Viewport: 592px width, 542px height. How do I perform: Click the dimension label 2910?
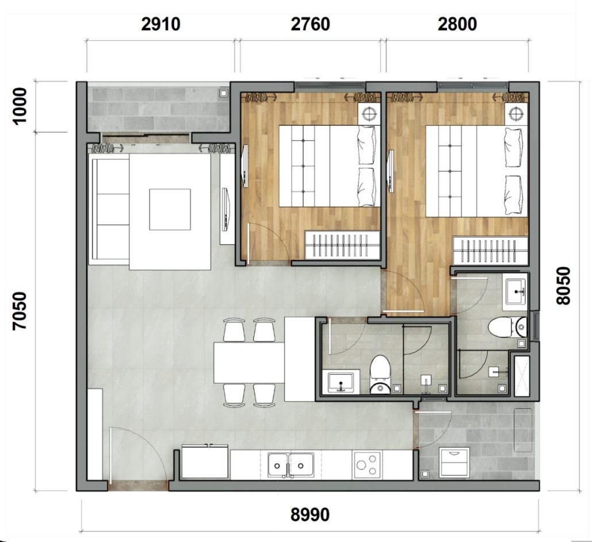coord(160,25)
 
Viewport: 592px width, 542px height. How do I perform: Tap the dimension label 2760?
coord(310,25)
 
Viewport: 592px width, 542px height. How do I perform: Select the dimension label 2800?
coord(457,25)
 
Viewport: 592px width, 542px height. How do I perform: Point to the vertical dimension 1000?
coord(20,106)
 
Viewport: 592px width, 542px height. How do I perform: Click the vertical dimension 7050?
coord(20,310)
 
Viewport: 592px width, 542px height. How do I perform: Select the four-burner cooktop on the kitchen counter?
coord(367,464)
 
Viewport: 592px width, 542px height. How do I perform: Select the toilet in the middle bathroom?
coord(379,374)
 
